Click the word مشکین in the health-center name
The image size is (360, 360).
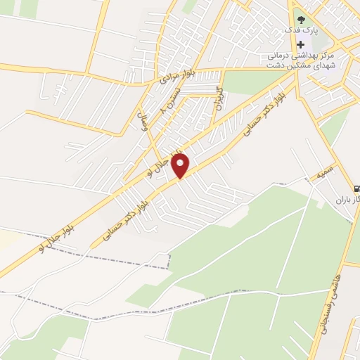295,66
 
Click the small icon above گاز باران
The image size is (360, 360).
356,188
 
